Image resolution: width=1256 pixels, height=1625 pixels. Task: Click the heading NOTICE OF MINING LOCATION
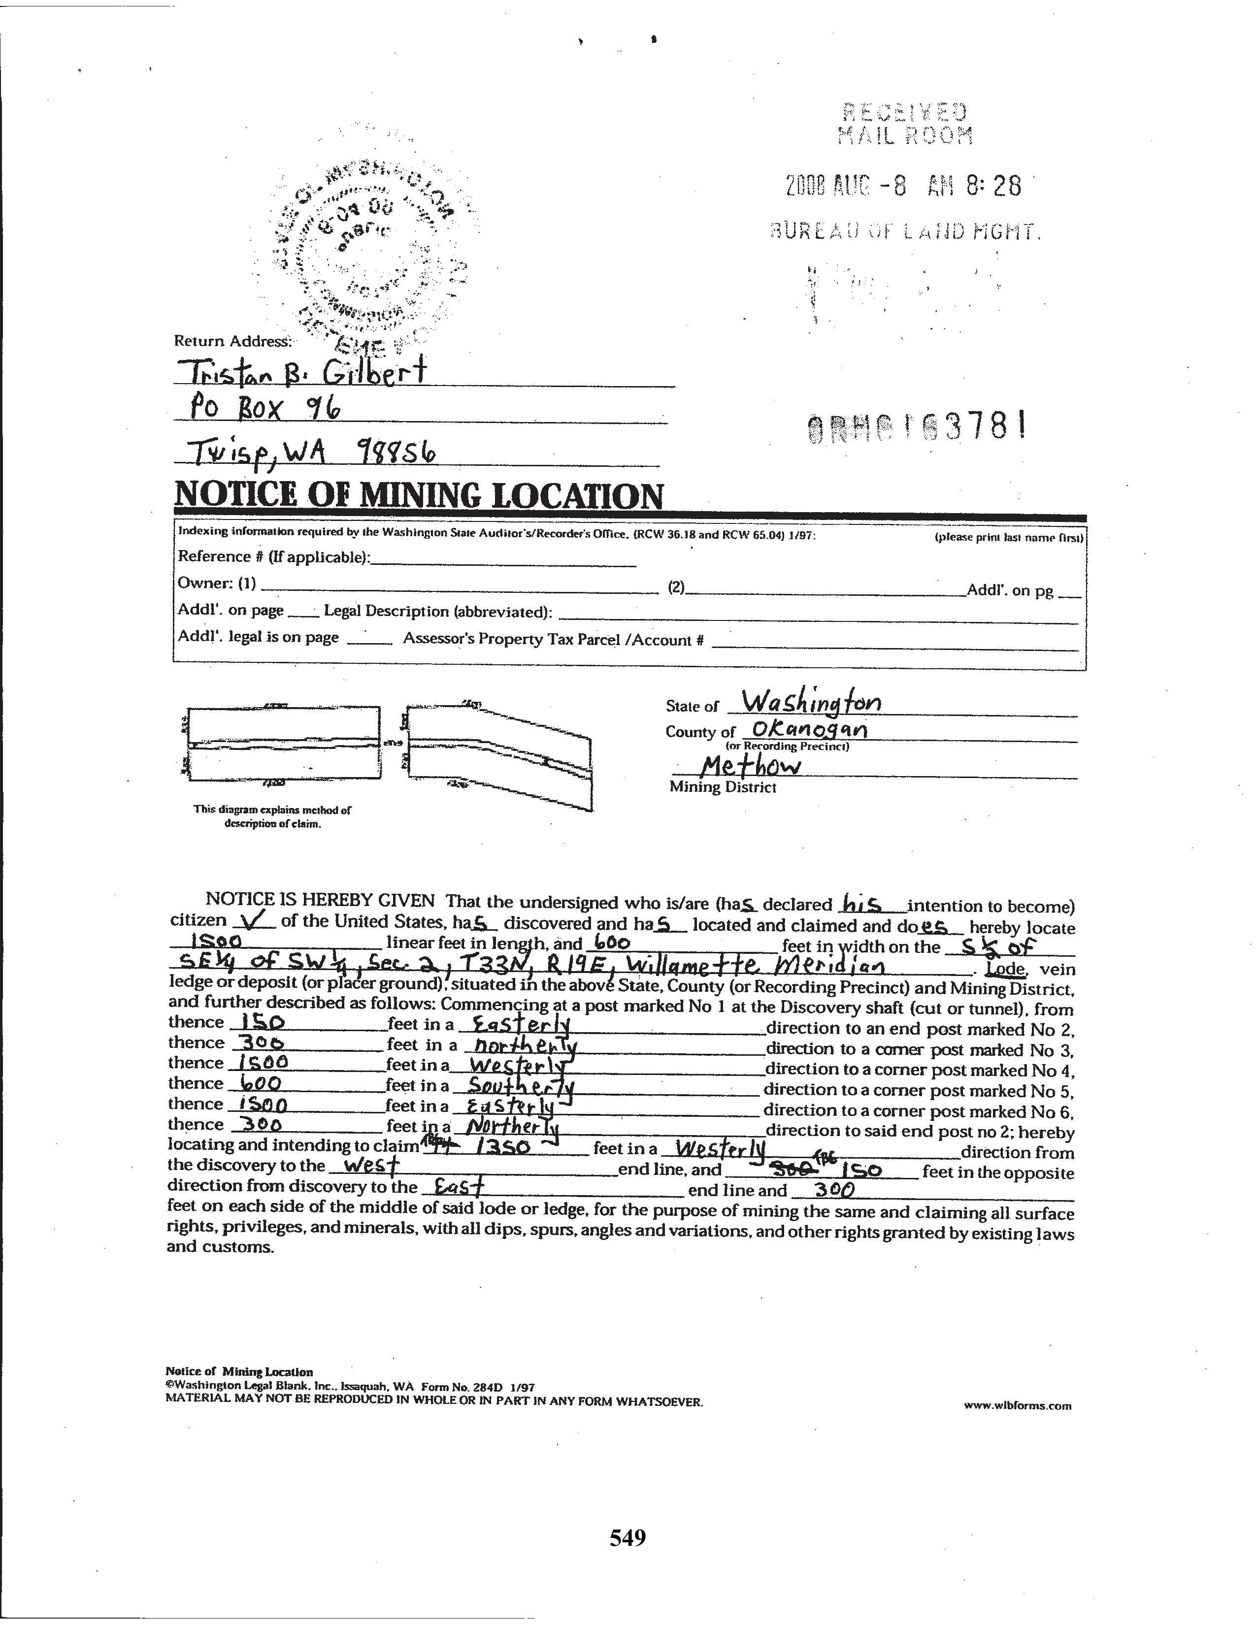418,495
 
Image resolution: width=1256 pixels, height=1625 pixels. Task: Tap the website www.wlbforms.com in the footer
1017,1405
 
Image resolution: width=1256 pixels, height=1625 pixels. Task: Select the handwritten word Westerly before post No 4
514,1066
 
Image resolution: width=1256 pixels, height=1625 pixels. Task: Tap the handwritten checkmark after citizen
255,921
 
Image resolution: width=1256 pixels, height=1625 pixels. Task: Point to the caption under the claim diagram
272,817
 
